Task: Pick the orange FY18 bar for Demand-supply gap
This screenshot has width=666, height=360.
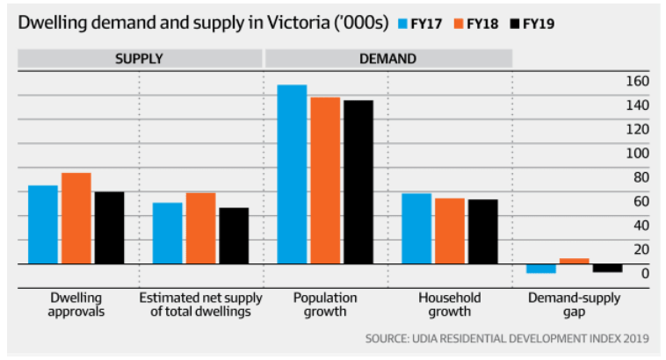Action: [574, 261]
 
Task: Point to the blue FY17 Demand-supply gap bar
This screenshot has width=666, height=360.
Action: [540, 268]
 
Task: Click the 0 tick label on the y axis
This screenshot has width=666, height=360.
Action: [644, 274]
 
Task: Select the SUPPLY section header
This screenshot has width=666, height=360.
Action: [139, 59]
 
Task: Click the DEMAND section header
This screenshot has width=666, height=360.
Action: [387, 59]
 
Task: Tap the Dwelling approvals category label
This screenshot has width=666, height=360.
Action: [77, 305]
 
